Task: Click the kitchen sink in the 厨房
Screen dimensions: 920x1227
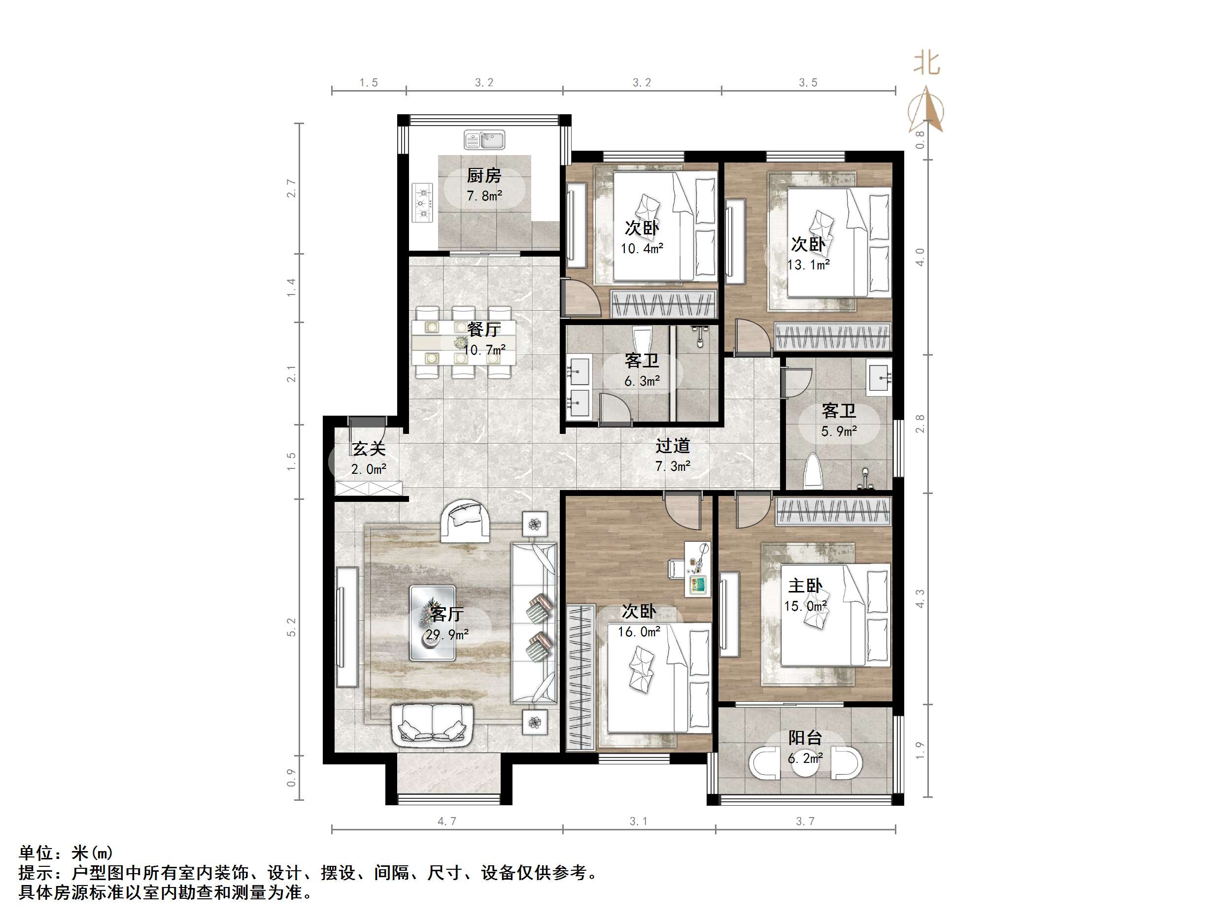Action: click(x=484, y=140)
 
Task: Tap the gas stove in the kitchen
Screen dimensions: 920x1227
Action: click(x=423, y=203)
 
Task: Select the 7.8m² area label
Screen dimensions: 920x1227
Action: click(x=484, y=196)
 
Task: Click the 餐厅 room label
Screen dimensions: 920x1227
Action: click(x=484, y=329)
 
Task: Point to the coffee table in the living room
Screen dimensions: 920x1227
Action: click(x=433, y=624)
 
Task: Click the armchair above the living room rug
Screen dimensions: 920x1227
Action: click(x=465, y=520)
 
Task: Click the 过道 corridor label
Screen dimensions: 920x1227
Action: click(x=673, y=446)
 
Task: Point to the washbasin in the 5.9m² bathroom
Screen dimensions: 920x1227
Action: click(x=879, y=377)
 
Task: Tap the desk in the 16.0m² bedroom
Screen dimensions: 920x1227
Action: click(x=697, y=569)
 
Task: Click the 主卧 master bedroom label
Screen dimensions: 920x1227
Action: click(x=805, y=586)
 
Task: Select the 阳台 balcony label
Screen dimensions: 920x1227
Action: click(x=805, y=738)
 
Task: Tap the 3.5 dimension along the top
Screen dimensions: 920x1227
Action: click(x=808, y=83)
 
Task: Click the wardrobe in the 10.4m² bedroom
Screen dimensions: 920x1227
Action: click(x=663, y=304)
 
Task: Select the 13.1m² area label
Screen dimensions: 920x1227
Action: click(x=808, y=265)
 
